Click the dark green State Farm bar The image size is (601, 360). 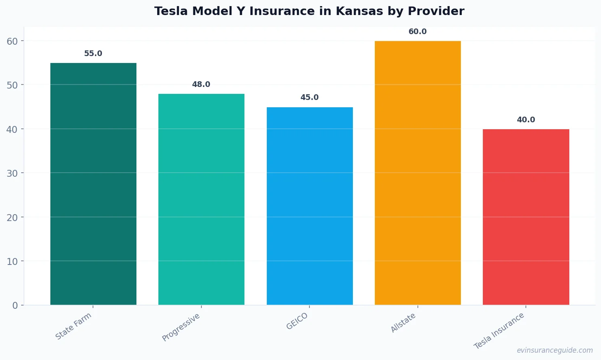point(93,184)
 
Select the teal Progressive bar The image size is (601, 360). point(201,199)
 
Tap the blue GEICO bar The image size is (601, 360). point(309,206)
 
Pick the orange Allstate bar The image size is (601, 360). point(417,173)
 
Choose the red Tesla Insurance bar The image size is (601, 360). point(526,217)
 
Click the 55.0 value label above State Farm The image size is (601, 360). point(93,54)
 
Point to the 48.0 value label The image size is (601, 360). point(201,85)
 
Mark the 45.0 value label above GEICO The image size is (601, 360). point(309,98)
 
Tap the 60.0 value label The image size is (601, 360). point(417,32)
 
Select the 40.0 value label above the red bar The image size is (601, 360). point(526,120)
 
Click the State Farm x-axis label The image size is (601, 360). point(74,326)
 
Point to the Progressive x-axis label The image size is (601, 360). point(181,327)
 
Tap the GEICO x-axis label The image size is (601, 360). point(297,321)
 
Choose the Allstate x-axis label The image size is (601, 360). point(403,323)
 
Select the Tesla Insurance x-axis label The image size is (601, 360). point(499,331)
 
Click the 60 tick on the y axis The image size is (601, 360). point(12,41)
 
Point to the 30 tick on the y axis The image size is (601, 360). point(12,173)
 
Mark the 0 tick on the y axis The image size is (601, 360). point(15,306)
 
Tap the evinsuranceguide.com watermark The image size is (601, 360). point(555,350)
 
